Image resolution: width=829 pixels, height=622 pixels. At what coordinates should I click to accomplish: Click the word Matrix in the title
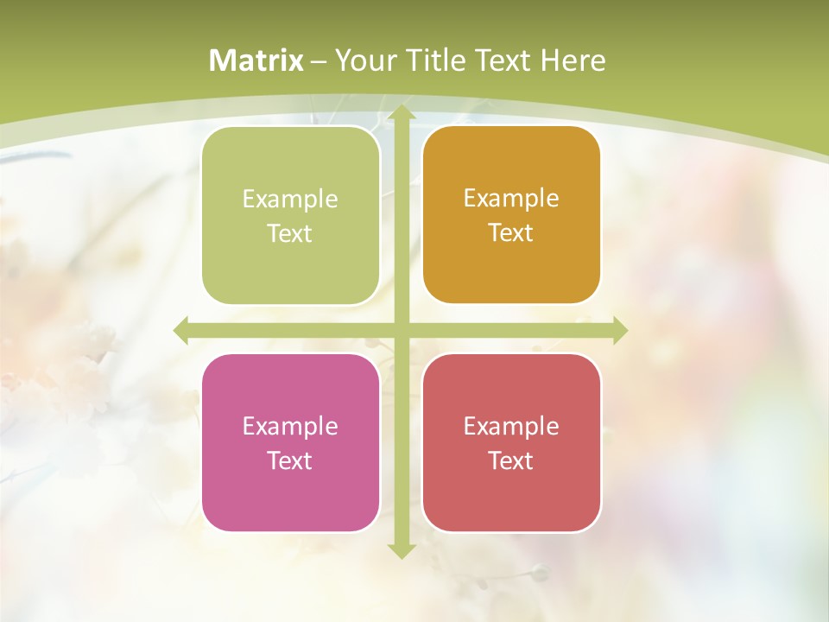(256, 60)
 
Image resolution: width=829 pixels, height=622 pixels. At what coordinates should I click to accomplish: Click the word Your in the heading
(365, 60)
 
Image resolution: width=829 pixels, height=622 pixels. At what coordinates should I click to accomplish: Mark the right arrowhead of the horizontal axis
(618, 330)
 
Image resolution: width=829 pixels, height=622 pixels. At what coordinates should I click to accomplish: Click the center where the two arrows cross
(401, 330)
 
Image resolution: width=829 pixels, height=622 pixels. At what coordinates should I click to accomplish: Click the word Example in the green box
(290, 199)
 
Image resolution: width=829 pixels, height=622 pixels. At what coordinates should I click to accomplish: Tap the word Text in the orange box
(511, 233)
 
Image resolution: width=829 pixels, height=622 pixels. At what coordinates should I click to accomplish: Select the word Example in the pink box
(290, 426)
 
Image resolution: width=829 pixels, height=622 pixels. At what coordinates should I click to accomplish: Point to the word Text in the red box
(511, 460)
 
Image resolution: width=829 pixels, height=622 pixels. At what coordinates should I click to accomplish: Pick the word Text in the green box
(290, 234)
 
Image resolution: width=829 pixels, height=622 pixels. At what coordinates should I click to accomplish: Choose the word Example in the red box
(511, 426)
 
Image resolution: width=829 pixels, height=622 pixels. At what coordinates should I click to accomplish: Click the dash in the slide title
(319, 61)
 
